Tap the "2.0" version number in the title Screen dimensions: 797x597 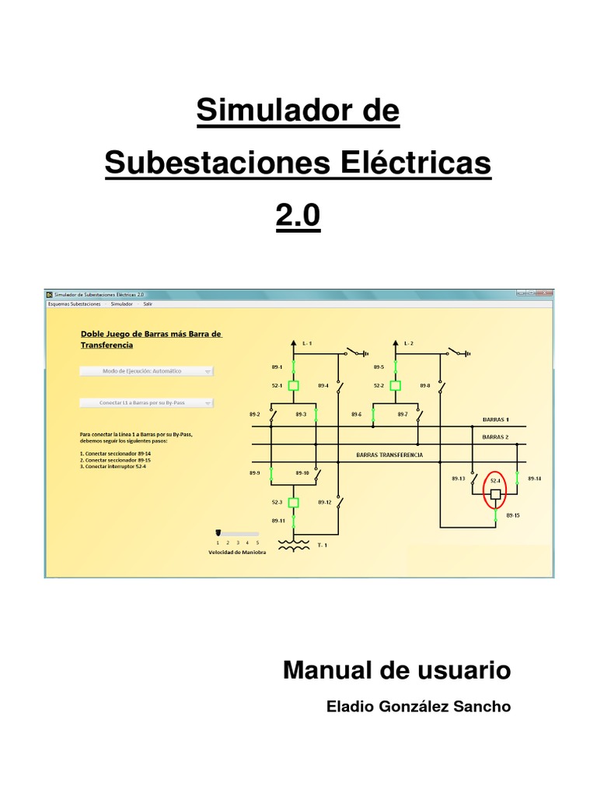tap(298, 215)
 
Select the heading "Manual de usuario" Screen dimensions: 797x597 tap(396, 670)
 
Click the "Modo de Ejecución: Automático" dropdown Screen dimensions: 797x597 tap(146, 371)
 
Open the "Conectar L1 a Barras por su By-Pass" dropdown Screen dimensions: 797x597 tap(146, 403)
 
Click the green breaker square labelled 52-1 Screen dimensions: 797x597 tap(294, 385)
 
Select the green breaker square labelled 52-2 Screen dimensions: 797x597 tap(395, 385)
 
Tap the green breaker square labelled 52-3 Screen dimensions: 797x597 tap(294, 502)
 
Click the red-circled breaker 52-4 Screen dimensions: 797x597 tap(495, 494)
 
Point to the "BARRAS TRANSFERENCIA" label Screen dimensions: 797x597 tap(389, 455)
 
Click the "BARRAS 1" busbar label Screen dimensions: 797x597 tap(495, 419)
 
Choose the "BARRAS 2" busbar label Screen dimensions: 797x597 tap(495, 437)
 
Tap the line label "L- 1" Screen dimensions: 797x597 tap(306, 343)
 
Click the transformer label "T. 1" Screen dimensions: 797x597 tap(323, 546)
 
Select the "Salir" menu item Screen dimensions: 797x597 tap(148, 304)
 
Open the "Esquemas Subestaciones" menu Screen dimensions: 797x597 tap(74, 304)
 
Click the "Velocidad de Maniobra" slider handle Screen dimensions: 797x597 tap(218, 532)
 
